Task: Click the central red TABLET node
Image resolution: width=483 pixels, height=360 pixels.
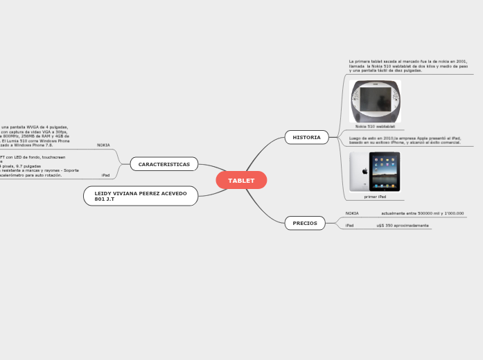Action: click(241, 181)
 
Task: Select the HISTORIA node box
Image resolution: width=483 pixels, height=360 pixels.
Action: click(306, 137)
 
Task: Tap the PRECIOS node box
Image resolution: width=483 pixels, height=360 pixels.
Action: click(305, 223)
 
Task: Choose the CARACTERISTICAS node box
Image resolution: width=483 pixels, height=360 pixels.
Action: click(164, 164)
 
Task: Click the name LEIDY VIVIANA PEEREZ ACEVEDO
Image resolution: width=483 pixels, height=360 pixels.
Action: click(141, 193)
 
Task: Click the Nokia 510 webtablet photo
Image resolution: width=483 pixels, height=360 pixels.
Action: click(376, 101)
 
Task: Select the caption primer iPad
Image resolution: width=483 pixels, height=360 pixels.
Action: click(375, 197)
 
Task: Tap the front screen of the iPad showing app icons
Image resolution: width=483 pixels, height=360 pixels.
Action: click(385, 172)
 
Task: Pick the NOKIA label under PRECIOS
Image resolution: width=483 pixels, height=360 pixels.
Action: click(352, 213)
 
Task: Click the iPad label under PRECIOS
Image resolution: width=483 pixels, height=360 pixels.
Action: click(349, 226)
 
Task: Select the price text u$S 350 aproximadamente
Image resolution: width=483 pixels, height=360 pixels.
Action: click(402, 226)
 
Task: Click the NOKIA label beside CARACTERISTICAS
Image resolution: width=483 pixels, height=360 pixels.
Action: click(103, 145)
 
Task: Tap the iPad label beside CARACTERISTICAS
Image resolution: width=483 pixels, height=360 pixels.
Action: click(105, 175)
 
